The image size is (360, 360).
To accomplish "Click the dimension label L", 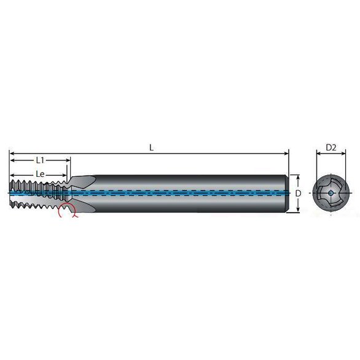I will click(151, 147).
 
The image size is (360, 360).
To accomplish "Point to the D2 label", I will click(331, 147).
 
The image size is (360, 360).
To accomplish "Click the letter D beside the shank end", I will click(298, 194).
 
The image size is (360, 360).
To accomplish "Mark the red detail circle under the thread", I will click(66, 212).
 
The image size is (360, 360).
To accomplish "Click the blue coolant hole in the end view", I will click(331, 194).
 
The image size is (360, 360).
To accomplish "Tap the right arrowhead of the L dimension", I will click(286, 153).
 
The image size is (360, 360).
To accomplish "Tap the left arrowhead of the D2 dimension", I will click(318, 153).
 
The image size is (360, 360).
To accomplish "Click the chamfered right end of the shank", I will click(288, 194).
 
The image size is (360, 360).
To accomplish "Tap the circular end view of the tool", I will click(331, 194).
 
